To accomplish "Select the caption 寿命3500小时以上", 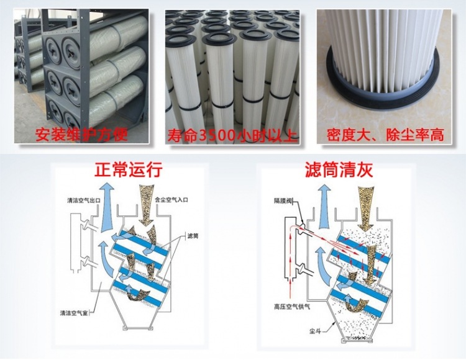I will [x=233, y=134].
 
